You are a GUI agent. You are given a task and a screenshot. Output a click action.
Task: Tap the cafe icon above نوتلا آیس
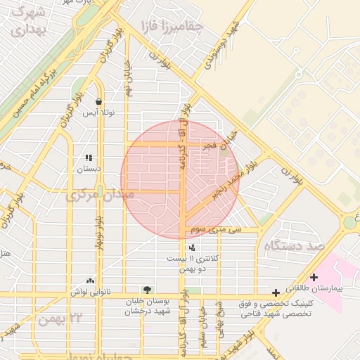[x=99, y=101]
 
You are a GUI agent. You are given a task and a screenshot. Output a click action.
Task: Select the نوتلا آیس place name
[x=99, y=112]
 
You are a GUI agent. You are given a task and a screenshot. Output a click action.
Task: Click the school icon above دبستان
[x=89, y=158]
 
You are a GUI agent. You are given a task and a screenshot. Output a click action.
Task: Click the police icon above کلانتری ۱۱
[x=192, y=247]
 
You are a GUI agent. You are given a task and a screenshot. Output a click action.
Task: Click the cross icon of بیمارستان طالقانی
[x=314, y=277]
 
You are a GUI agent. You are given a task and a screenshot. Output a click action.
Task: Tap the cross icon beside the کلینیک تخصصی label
[x=276, y=291]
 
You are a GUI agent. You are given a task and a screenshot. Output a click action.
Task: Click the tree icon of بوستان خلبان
[x=147, y=290]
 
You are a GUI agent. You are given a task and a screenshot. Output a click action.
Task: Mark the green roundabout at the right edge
[x=349, y=223]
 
